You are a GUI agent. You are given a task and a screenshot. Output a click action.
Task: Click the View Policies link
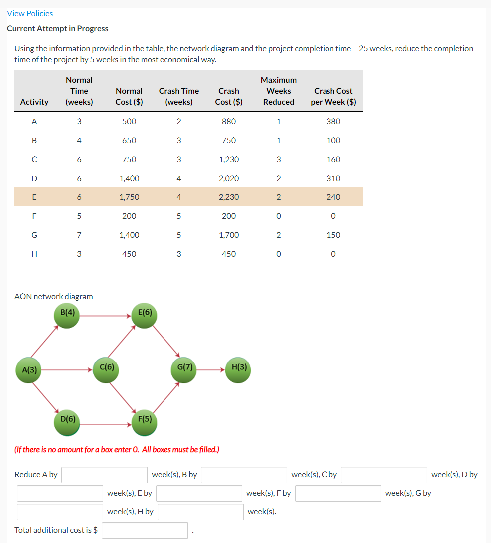coord(30,13)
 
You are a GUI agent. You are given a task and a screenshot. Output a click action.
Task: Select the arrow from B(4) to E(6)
coord(106,315)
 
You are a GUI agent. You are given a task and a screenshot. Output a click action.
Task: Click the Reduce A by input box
coord(104,475)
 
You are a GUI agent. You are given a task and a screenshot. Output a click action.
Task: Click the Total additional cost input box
coord(145,530)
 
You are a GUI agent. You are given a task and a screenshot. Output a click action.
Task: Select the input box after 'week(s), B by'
coord(244,475)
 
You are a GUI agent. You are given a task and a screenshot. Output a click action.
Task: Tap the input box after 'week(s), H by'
coord(200,512)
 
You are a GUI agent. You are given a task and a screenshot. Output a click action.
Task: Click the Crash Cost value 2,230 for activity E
coord(229,197)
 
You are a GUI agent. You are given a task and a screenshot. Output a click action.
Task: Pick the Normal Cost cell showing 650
coord(129,140)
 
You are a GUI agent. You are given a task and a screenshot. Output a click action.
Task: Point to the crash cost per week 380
coord(333,121)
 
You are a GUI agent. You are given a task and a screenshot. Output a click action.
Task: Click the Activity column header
coord(34,102)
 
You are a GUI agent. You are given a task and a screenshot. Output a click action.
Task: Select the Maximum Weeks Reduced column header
coord(279,91)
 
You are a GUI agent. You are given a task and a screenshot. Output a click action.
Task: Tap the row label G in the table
coord(34,235)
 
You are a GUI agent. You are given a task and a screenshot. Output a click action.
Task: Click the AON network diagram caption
coord(54,296)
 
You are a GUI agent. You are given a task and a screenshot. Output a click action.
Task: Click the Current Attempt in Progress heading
coord(58,28)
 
